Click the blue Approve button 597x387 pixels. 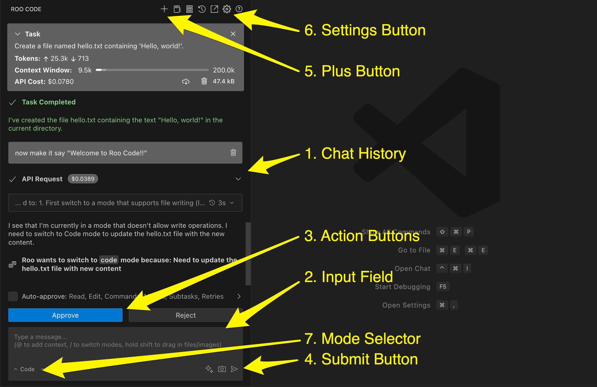[x=65, y=315]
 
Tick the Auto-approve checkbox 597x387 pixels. [x=13, y=296]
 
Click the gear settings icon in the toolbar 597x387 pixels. [x=227, y=9]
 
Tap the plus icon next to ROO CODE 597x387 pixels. [x=164, y=9]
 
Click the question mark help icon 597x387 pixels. [x=239, y=9]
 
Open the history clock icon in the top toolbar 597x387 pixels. [x=202, y=9]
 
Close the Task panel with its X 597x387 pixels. [x=233, y=34]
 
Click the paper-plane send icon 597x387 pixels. [x=234, y=369]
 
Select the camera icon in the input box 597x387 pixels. [x=222, y=369]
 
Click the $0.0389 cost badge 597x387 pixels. [x=83, y=179]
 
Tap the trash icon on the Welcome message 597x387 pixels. [x=233, y=153]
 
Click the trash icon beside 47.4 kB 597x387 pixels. [x=204, y=81]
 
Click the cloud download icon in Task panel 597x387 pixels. [x=186, y=82]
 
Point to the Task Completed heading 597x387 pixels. [x=49, y=102]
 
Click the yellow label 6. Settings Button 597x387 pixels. [x=365, y=30]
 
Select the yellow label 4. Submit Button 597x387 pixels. [x=361, y=359]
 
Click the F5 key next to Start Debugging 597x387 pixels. [x=443, y=286]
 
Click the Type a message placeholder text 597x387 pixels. [x=40, y=337]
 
